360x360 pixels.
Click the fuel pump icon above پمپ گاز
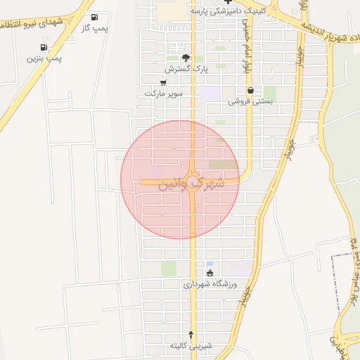96,17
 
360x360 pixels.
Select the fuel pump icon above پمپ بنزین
45,48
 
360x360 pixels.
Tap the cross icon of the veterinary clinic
227,2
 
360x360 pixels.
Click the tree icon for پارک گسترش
186,58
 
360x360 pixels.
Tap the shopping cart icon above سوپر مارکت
163,82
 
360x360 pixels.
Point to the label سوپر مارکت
164,92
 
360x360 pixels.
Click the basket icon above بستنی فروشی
250,90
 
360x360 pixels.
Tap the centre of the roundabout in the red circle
192,181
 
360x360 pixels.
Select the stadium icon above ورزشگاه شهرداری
210,274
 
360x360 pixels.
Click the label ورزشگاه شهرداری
211,284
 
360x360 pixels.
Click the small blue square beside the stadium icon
210,264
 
